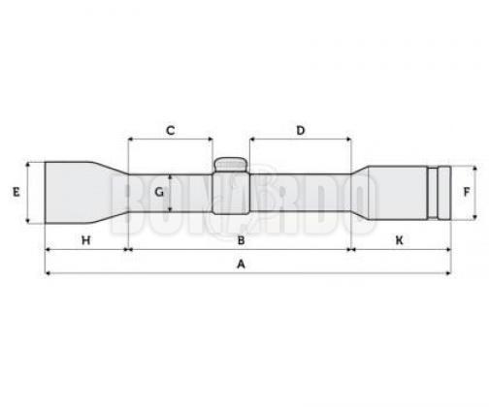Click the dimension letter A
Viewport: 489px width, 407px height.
[x=241, y=265]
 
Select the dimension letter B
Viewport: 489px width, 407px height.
[x=241, y=240]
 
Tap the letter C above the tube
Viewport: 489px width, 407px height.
[x=171, y=131]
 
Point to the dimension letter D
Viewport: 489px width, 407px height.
[x=301, y=131]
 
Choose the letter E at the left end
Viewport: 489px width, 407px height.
[x=16, y=192]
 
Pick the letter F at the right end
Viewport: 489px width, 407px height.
[x=467, y=192]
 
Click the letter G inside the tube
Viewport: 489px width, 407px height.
[x=159, y=193]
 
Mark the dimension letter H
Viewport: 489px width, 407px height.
[x=85, y=240]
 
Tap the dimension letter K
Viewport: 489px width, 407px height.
[x=400, y=240]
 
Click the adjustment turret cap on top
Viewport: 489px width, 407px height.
[x=231, y=165]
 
